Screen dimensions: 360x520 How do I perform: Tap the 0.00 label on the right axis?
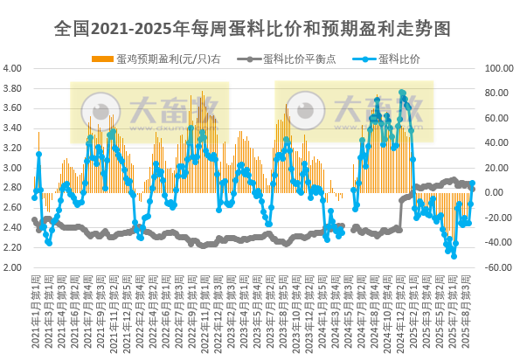pyautogui.click(x=499, y=193)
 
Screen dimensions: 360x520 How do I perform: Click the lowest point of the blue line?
pyautogui.click(x=454, y=256)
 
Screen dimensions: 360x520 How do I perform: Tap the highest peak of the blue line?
pyautogui.click(x=401, y=92)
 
